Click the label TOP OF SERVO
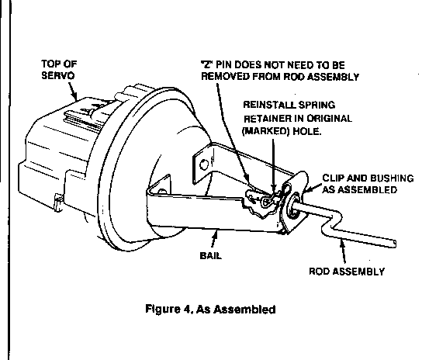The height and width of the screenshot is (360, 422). [59, 70]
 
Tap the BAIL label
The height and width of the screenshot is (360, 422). [211, 255]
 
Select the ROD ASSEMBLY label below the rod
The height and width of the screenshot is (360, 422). [347, 271]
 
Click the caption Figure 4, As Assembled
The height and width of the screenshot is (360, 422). [210, 309]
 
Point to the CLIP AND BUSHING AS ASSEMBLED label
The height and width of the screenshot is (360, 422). [368, 184]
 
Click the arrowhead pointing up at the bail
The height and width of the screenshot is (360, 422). [215, 234]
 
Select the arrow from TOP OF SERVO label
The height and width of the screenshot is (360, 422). [73, 91]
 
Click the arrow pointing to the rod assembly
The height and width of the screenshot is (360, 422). [343, 251]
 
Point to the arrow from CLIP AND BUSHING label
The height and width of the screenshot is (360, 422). [312, 188]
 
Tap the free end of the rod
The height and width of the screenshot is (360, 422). [394, 244]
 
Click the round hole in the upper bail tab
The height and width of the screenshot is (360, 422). [204, 164]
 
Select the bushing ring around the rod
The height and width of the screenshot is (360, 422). [293, 205]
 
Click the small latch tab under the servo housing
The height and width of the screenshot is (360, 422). [58, 202]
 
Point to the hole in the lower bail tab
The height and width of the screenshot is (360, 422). [162, 192]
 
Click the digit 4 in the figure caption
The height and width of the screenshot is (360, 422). [187, 309]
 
